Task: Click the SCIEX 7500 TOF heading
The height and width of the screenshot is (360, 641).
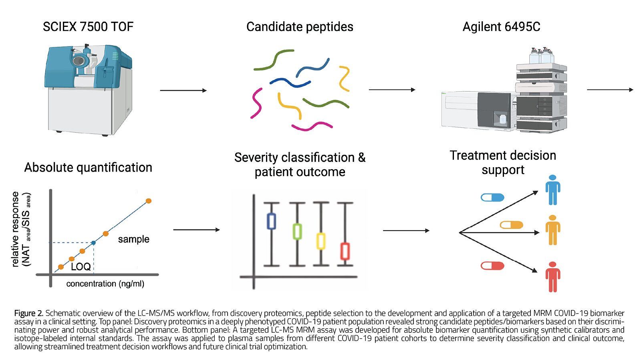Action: [88, 27]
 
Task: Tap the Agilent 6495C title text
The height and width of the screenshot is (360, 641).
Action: [501, 27]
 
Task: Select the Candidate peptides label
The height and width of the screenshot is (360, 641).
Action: [300, 27]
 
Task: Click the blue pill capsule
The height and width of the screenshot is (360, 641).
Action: [492, 197]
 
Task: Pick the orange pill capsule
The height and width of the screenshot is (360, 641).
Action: [512, 225]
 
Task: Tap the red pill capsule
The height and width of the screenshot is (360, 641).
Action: [492, 266]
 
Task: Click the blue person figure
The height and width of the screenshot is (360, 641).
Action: [552, 190]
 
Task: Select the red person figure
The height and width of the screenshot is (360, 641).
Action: [552, 277]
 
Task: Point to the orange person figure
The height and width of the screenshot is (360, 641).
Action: [552, 230]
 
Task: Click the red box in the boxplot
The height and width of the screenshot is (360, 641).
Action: [345, 251]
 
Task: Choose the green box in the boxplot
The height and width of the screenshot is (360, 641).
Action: [297, 231]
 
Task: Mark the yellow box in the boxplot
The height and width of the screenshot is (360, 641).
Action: [320, 241]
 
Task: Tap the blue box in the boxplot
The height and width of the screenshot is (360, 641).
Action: [271, 221]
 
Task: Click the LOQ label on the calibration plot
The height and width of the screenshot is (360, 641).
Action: [81, 267]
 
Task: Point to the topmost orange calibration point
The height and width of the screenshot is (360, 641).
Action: [149, 201]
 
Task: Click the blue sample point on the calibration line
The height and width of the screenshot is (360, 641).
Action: [93, 243]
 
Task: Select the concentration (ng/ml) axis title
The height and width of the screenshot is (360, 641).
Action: [105, 284]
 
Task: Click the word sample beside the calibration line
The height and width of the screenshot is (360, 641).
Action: [133, 239]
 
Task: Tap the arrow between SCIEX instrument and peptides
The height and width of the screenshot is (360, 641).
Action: [183, 91]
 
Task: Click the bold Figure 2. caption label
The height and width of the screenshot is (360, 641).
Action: [28, 313]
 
